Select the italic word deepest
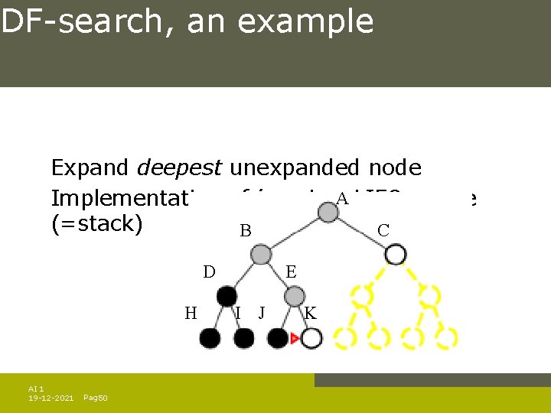(180, 167)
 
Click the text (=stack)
(96, 226)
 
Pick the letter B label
(246, 231)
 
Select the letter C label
(383, 230)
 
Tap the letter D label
(209, 272)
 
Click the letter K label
(310, 312)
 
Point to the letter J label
(262, 312)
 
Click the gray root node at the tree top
(328, 212)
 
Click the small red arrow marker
(293, 337)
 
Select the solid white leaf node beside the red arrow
(311, 338)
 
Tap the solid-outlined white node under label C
(395, 254)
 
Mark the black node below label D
(227, 297)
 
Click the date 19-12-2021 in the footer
(51, 398)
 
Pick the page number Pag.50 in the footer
(95, 398)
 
